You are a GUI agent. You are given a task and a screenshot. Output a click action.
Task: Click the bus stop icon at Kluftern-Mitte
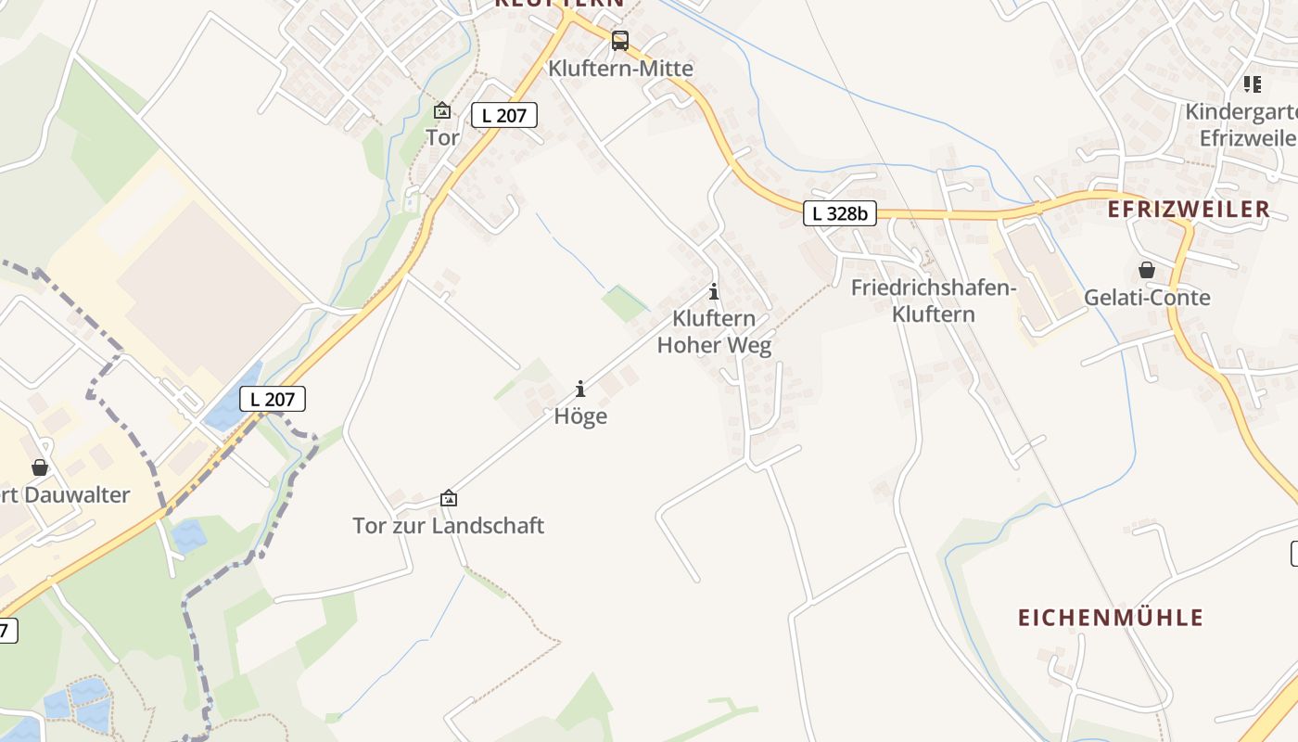pyautogui.click(x=620, y=41)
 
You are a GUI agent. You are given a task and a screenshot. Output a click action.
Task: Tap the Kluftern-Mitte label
pyautogui.click(x=620, y=69)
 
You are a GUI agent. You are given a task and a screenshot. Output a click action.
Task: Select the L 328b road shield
pyautogui.click(x=839, y=213)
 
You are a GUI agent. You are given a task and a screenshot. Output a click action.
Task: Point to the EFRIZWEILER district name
pyautogui.click(x=1189, y=210)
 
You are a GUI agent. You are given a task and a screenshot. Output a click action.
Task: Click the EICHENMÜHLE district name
pyautogui.click(x=1111, y=618)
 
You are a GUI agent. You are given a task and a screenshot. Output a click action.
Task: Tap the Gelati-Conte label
pyautogui.click(x=1147, y=298)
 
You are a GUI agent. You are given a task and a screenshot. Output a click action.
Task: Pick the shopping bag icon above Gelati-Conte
pyautogui.click(x=1147, y=270)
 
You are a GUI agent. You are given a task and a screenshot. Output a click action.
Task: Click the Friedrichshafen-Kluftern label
pyautogui.click(x=934, y=301)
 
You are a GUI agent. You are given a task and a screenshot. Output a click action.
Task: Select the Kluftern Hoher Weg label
pyautogui.click(x=714, y=332)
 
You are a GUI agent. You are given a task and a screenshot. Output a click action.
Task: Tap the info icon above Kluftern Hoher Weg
pyautogui.click(x=714, y=291)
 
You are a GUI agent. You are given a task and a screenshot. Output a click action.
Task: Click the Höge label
pyautogui.click(x=580, y=416)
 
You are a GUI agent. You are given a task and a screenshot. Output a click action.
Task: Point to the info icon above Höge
pyautogui.click(x=580, y=389)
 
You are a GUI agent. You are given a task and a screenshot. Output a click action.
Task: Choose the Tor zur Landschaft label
pyautogui.click(x=448, y=526)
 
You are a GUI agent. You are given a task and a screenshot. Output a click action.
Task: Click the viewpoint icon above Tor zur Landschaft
pyautogui.click(x=449, y=498)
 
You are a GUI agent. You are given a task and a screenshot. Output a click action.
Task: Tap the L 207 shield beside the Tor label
pyautogui.click(x=504, y=115)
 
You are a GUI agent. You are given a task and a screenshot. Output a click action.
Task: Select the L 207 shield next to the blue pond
pyautogui.click(x=273, y=399)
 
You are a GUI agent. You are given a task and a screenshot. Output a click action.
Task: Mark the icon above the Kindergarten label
pyautogui.click(x=1253, y=84)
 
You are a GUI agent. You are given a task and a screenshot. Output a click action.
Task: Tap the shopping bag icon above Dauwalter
pyautogui.click(x=40, y=467)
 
